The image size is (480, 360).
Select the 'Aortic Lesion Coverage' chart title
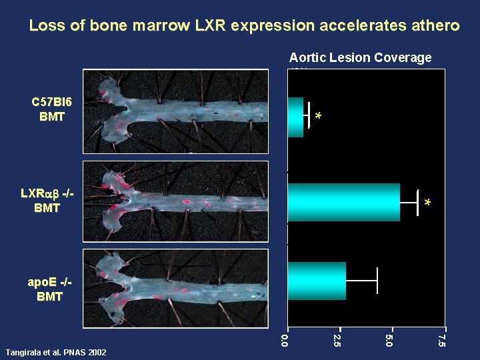point(360,58)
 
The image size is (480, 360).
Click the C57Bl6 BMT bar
point(295,117)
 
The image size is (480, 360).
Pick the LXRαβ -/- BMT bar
point(343,202)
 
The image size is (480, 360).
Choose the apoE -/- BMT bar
point(317,281)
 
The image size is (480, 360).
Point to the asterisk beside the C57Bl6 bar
point(319,118)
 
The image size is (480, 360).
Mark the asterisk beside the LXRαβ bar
point(428,203)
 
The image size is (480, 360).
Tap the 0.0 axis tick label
point(285,341)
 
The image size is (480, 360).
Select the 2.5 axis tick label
point(337,341)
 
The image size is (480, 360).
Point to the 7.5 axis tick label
point(441,341)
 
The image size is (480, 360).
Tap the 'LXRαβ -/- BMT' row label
point(47,201)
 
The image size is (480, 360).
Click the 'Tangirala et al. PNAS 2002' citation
point(55,352)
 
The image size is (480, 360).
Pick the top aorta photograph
point(175,111)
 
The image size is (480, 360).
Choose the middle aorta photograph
point(175,201)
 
